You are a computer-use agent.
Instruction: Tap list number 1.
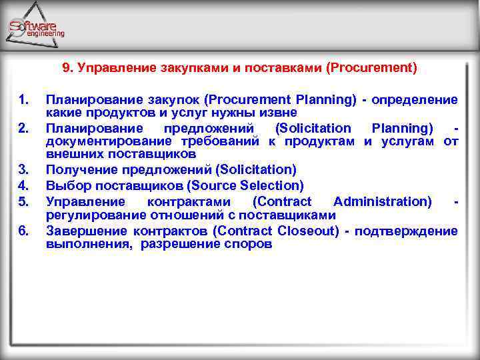(24, 100)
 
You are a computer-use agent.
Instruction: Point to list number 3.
(24, 170)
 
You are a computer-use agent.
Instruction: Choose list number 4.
(24, 185)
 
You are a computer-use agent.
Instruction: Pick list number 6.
(24, 231)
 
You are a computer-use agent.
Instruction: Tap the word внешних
(70, 155)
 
